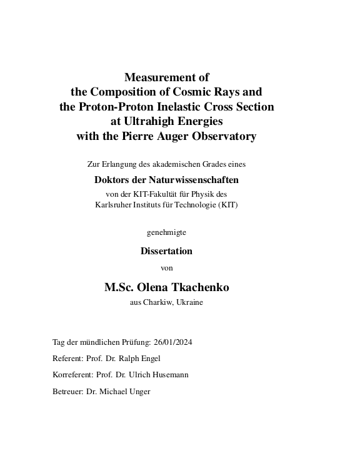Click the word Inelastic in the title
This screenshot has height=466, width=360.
tap(182, 107)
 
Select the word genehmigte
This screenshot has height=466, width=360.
tap(166, 232)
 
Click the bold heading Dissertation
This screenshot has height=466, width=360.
tap(166, 251)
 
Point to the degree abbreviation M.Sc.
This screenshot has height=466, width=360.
tap(122, 288)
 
